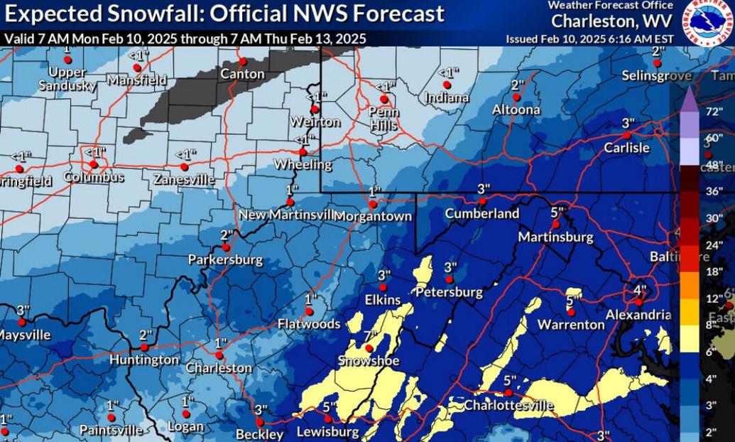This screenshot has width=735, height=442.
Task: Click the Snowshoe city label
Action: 368,361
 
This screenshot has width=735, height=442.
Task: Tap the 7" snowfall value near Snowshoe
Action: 369,335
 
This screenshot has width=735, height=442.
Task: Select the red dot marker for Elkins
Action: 383,287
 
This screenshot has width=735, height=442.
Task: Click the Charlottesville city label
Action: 508,405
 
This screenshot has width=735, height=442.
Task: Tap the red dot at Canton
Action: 242,61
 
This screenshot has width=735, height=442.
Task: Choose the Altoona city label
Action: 516,109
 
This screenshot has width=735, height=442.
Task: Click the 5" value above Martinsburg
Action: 557,212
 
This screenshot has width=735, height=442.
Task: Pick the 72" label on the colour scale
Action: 714,112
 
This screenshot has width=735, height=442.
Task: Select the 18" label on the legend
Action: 714,271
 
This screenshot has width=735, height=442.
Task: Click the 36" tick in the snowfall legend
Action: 714,191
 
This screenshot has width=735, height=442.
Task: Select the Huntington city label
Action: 144,360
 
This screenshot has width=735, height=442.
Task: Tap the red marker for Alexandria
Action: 638,301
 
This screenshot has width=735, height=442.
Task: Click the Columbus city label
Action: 93,177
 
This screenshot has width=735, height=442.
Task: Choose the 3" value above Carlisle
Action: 628,123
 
